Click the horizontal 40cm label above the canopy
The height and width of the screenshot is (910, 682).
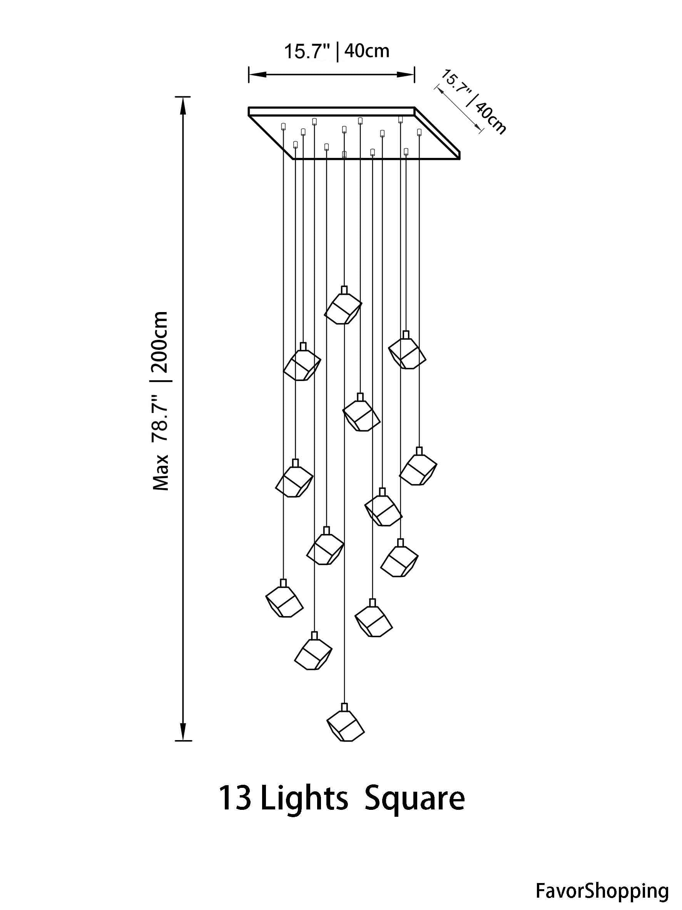point(367,51)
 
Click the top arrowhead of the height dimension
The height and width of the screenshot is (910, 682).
point(182,106)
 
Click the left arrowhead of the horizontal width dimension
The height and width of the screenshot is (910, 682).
point(257,74)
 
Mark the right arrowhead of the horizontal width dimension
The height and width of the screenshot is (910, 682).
point(405,74)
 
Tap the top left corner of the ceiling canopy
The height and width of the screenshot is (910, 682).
point(249,108)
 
